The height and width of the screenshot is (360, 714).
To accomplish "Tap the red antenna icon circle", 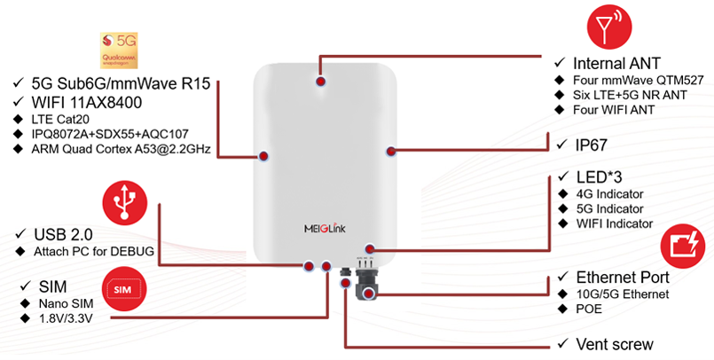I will (609, 29).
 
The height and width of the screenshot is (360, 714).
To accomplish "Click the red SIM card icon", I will (125, 289).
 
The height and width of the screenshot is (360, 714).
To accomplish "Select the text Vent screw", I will (615, 344).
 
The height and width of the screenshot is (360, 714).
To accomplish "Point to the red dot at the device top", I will (320, 80).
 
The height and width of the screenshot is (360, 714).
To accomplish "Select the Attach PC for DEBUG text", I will (94, 252).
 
